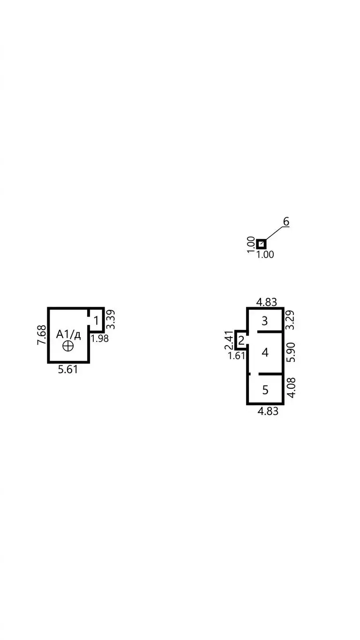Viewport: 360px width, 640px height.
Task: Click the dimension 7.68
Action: (x=42, y=335)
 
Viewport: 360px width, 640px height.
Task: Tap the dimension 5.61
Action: (x=68, y=370)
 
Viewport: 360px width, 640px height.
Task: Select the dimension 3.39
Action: (x=111, y=319)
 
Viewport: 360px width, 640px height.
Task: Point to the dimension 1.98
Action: (x=100, y=339)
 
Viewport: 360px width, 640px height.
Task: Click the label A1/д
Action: (x=68, y=334)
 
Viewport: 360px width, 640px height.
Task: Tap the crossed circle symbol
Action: (x=68, y=346)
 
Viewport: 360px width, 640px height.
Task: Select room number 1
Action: (x=96, y=321)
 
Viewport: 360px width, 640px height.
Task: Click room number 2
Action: (x=241, y=340)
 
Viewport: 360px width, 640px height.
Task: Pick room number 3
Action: (x=265, y=321)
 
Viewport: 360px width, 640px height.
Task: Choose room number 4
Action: (x=265, y=353)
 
